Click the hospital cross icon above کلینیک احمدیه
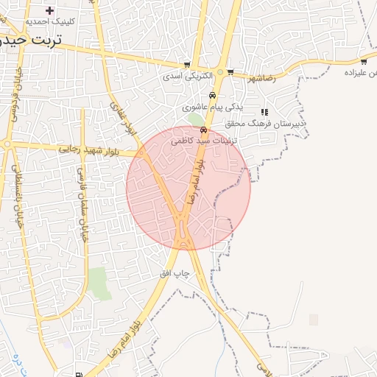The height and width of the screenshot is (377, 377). click(x=50, y=10)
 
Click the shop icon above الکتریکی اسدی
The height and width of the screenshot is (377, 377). click(x=187, y=65)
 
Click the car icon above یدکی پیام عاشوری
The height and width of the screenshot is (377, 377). click(x=212, y=95)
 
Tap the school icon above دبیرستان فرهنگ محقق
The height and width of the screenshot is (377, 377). click(x=264, y=113)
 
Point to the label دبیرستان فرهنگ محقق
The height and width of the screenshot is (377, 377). click(x=273, y=124)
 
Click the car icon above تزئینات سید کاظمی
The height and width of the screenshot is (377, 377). click(x=203, y=129)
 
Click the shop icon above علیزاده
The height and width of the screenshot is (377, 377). click(x=364, y=61)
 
